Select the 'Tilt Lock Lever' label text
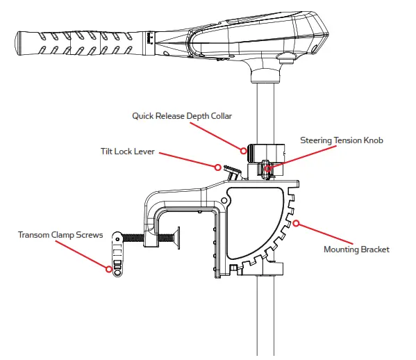click(127, 152)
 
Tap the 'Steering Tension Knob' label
click(341, 140)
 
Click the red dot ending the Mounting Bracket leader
click(297, 223)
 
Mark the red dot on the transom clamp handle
click(109, 269)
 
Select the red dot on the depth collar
click(244, 149)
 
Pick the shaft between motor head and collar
click(267, 104)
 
